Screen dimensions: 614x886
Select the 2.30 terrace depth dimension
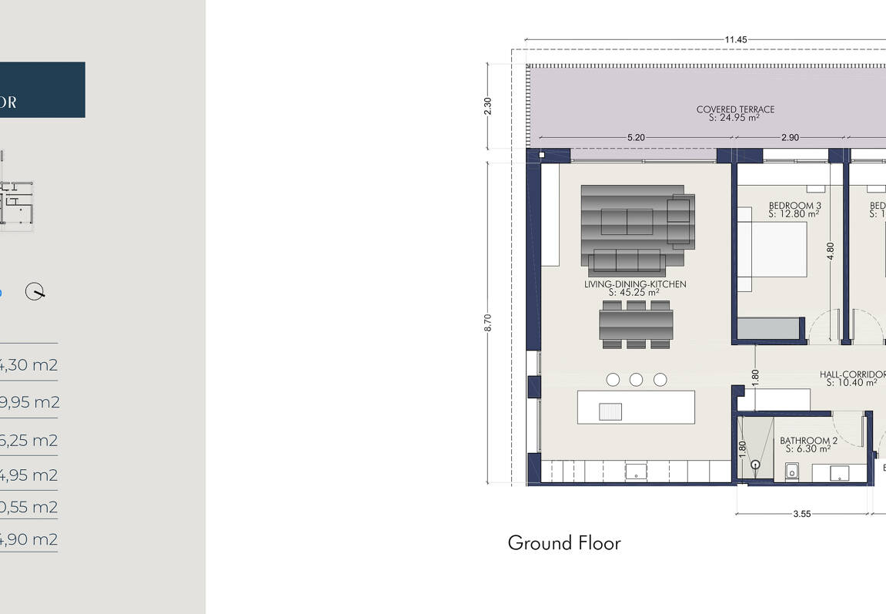pyautogui.click(x=487, y=106)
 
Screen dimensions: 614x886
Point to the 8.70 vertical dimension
pyautogui.click(x=487, y=322)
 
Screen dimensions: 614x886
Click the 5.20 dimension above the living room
pyautogui.click(x=636, y=138)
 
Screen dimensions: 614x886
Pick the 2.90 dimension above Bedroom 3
pyautogui.click(x=790, y=138)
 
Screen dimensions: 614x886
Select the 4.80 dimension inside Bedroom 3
pyautogui.click(x=830, y=252)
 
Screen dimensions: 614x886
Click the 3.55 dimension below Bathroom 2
pyautogui.click(x=801, y=514)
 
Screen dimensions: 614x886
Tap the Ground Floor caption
pyautogui.click(x=563, y=543)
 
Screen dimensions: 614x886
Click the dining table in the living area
pyautogui.click(x=636, y=324)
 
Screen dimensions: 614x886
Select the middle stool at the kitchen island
pyautogui.click(x=636, y=379)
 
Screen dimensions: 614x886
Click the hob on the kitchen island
pyautogui.click(x=610, y=411)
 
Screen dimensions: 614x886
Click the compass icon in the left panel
pyautogui.click(x=35, y=292)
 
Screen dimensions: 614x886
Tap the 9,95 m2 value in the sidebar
pyautogui.click(x=28, y=402)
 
